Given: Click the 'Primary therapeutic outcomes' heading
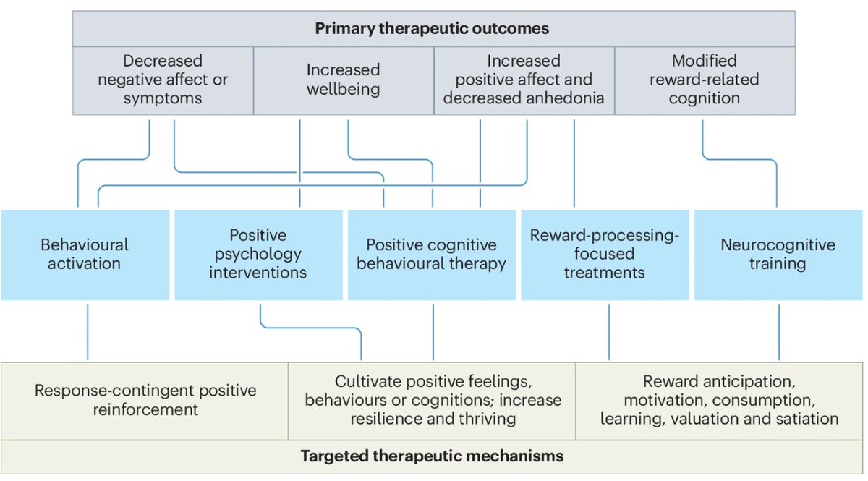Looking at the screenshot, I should tap(433, 30).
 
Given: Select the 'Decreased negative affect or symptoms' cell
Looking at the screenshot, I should tap(163, 80).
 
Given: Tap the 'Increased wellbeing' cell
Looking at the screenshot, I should tap(343, 80).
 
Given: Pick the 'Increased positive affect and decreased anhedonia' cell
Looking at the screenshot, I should tap(524, 80).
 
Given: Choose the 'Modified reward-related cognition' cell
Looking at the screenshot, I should tap(704, 80).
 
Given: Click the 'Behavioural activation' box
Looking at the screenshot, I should tap(85, 254).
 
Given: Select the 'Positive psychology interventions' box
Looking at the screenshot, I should tap(258, 254).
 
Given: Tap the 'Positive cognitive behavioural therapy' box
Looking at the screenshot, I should tap(431, 254).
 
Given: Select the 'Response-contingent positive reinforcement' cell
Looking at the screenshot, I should tap(145, 400).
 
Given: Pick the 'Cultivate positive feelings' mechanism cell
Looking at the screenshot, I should tap(433, 400).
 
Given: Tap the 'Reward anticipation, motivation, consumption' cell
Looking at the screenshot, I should tap(719, 400).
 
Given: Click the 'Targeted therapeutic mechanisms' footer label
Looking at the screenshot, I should tap(432, 456).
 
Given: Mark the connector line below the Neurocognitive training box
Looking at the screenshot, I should tap(779, 331).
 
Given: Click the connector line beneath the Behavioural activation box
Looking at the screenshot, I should tap(88, 331).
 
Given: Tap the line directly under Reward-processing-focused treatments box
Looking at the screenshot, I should tap(608, 331).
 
